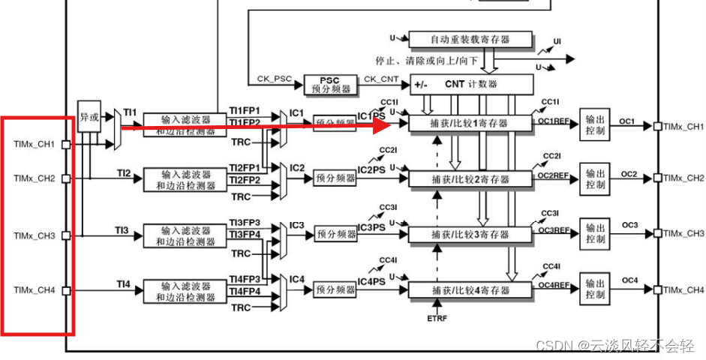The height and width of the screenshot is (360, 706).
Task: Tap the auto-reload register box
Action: pyautogui.click(x=470, y=39)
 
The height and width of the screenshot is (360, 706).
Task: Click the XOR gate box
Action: pyautogui.click(x=89, y=118)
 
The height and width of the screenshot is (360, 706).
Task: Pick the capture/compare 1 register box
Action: pyautogui.click(x=470, y=123)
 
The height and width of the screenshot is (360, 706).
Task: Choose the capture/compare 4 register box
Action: pyautogui.click(x=470, y=290)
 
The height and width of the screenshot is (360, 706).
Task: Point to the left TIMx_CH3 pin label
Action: pyautogui.click(x=35, y=235)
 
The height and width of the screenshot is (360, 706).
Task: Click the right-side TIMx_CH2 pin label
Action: pyautogui.click(x=683, y=178)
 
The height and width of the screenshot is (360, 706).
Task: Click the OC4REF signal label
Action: pyautogui.click(x=553, y=285)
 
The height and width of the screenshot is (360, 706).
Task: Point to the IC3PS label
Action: pyautogui.click(x=371, y=227)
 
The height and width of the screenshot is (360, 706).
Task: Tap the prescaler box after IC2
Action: pyautogui.click(x=335, y=178)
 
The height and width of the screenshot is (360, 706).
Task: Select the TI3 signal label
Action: pyautogui.click(x=123, y=229)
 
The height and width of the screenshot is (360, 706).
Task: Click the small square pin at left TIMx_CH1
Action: pyautogui.click(x=65, y=143)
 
